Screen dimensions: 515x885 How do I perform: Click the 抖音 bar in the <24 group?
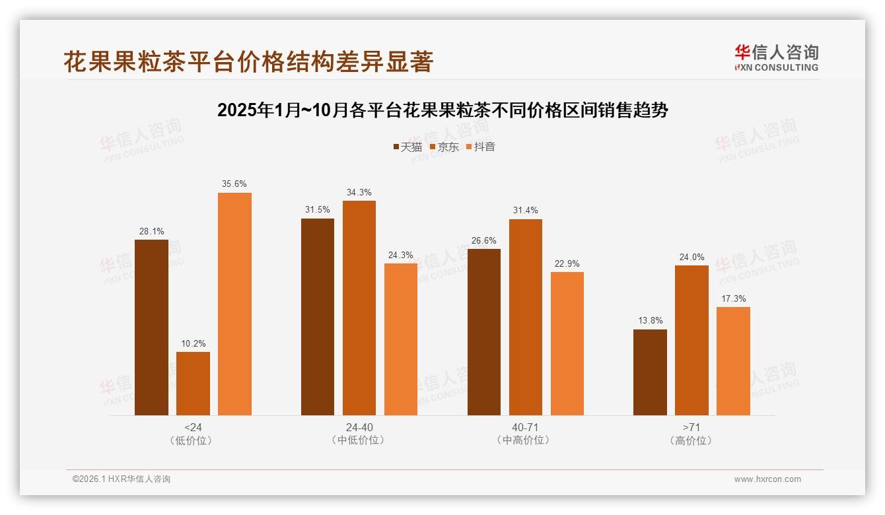234,304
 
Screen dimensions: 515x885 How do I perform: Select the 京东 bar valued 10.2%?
193,384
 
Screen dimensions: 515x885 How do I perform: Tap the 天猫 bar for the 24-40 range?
318,317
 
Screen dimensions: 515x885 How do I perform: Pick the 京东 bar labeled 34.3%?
359,308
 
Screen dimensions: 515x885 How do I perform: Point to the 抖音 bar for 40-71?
567,343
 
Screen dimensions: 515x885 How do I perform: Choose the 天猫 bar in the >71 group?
650,372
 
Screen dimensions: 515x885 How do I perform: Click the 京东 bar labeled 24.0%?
691,340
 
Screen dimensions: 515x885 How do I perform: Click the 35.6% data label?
234,184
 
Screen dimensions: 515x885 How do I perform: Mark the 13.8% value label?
650,321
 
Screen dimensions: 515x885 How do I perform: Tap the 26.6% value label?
484,240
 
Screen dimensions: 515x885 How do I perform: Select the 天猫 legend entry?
407,147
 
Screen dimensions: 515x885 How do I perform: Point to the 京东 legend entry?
444,147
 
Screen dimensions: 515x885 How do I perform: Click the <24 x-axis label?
193,427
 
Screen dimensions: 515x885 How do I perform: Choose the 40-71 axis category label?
526,427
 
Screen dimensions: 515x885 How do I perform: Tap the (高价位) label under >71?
691,440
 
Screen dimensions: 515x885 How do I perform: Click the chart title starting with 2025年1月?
442,110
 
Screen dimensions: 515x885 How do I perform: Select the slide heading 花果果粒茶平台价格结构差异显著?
248,61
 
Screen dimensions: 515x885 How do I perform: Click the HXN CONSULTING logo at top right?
776,58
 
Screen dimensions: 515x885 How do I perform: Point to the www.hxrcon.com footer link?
767,479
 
